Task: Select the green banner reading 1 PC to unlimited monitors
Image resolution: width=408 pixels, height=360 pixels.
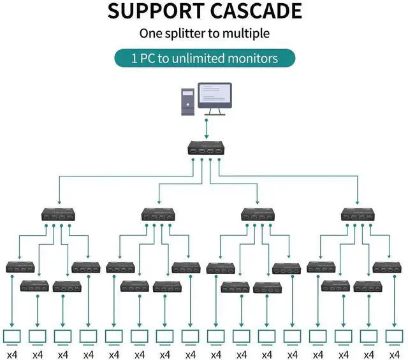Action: pyautogui.click(x=204, y=58)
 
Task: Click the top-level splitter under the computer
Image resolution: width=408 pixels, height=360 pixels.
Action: pyautogui.click(x=205, y=150)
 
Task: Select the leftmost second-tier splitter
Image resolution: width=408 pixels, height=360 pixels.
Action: pyautogui.click(x=58, y=215)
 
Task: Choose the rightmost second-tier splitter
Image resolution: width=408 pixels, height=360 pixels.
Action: pyautogui.click(x=357, y=215)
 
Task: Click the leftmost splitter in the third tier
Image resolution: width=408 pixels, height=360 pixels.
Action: pyautogui.click(x=21, y=267)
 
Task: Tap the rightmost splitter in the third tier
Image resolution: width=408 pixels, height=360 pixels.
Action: pyautogui.click(x=388, y=267)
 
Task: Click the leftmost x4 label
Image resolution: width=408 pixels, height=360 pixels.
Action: pyautogui.click(x=12, y=354)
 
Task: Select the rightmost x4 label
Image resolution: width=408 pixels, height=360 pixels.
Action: pyautogui.click(x=395, y=354)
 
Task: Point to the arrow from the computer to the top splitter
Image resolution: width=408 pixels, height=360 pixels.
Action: pyautogui.click(x=207, y=129)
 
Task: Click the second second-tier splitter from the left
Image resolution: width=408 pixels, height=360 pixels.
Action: pyautogui.click(x=158, y=215)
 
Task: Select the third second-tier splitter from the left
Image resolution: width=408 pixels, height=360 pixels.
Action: pyautogui.click(x=258, y=215)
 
